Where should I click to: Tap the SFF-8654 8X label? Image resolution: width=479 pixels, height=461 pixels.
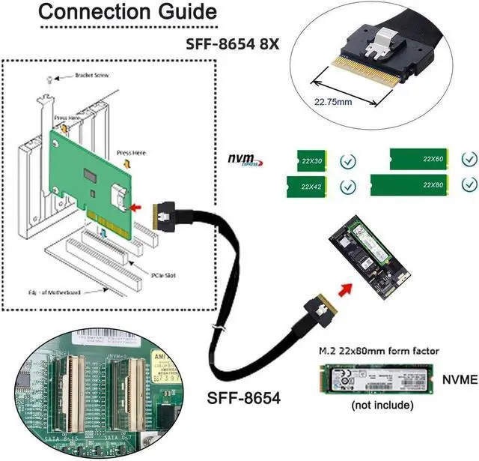[232, 43]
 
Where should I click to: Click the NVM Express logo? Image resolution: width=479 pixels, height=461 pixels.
[244, 160]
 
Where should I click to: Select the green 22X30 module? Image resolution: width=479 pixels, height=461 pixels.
[306, 160]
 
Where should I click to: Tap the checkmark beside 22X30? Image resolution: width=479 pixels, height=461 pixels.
[347, 160]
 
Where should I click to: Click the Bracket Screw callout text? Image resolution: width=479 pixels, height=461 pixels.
[94, 76]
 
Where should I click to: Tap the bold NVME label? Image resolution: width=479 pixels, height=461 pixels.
[459, 379]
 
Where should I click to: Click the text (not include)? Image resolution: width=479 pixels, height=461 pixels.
[382, 406]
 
